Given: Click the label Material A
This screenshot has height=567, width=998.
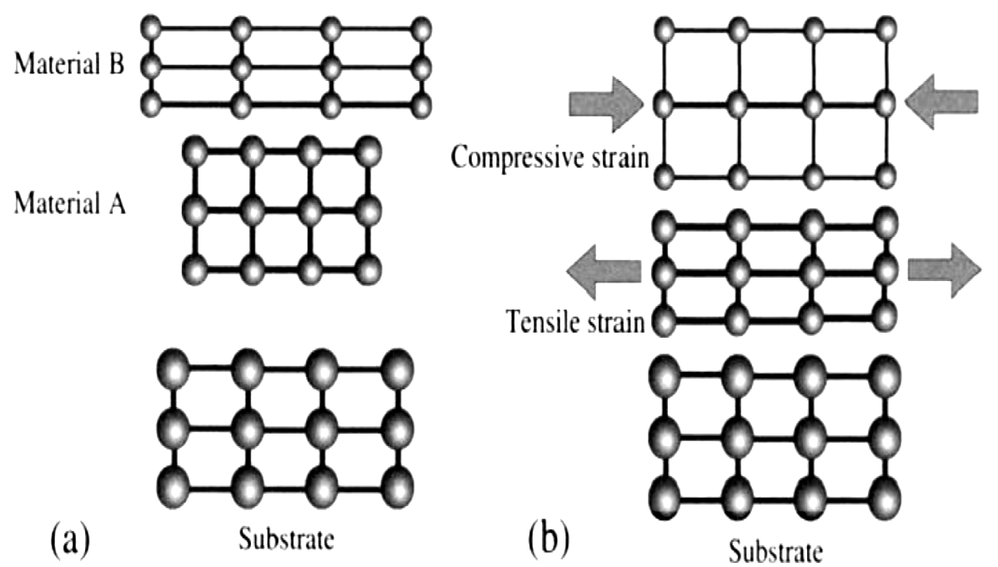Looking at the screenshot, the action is tap(70, 203).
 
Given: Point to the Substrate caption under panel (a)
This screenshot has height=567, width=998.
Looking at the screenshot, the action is tap(286, 539).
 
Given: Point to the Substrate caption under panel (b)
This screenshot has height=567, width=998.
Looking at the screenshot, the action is tap(775, 551).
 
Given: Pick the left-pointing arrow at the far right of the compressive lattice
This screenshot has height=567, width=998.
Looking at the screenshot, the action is tap(940, 102).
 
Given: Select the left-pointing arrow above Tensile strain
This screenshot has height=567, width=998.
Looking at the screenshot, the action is tap(604, 272).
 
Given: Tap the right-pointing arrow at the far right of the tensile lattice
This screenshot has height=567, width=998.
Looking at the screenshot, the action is tap(945, 270).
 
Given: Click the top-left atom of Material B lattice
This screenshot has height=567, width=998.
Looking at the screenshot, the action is tap(152, 28).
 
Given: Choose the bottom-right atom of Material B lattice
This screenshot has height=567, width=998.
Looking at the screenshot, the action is tap(421, 105).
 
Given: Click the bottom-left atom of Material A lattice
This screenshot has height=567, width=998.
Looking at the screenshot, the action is tap(195, 270).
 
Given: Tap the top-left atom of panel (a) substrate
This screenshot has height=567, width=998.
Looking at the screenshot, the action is tap(173, 367).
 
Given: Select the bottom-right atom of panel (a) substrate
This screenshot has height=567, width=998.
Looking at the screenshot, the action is tap(398, 489).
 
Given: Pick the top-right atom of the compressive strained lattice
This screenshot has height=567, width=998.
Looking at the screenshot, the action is tap(885, 30).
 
